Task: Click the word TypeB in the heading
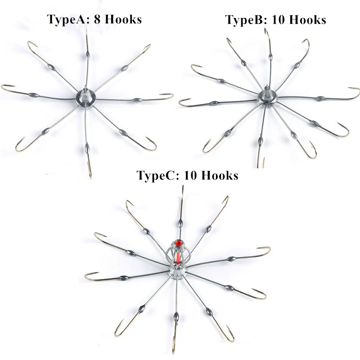coord(245,20)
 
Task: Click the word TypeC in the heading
coord(157,175)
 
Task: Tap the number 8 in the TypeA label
coord(98,19)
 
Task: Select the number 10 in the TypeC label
coord(190,175)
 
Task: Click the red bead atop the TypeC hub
coord(179,243)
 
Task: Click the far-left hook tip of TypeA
coord(4,86)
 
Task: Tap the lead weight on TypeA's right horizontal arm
coord(137,100)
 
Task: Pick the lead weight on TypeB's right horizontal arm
coord(320,98)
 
